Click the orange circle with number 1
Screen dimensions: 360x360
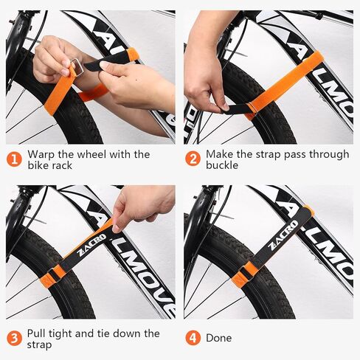14,159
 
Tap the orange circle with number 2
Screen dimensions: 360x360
192,159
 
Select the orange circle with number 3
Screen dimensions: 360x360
14,338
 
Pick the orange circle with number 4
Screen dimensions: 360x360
192,338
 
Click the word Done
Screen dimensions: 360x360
219,338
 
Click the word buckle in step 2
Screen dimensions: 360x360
223,166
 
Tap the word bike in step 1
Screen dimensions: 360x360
39,166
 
